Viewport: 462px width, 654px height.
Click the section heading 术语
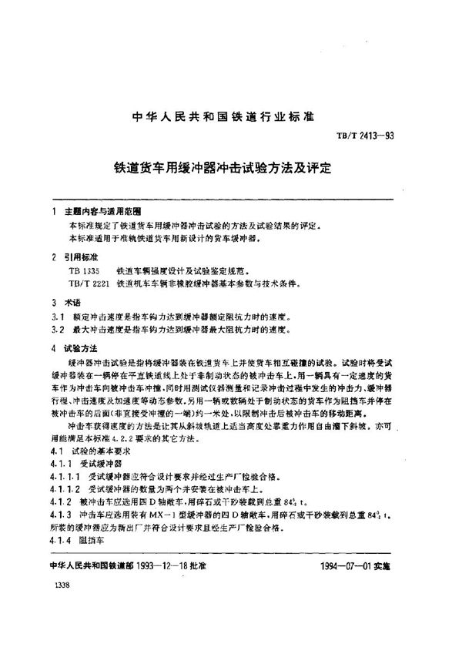pyautogui.click(x=75, y=304)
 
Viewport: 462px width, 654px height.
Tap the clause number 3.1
pyautogui.click(x=53, y=317)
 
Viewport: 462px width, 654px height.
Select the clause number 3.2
pyautogui.click(x=53, y=330)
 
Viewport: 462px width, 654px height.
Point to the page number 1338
pyautogui.click(x=55, y=588)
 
